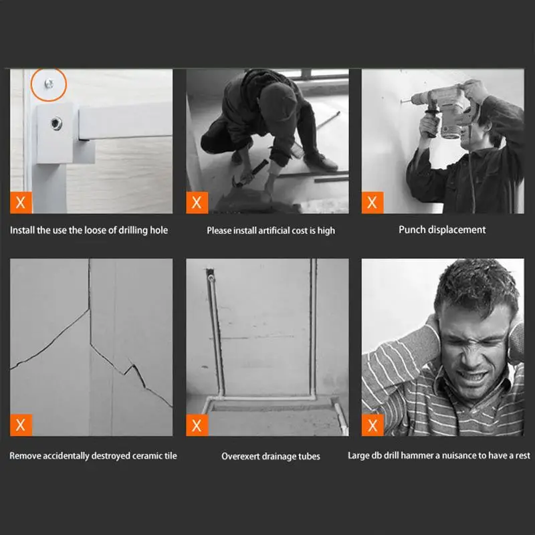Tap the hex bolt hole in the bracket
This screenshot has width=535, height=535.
point(56,123)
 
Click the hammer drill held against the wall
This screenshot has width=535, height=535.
point(440,109)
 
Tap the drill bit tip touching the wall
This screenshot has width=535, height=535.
point(401,101)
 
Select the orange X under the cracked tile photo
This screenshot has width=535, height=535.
point(21,425)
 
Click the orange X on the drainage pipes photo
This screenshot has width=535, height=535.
point(197,425)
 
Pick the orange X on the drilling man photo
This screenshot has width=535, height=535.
point(372,203)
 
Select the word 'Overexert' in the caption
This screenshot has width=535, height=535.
point(239,456)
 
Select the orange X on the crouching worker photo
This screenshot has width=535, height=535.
point(197,203)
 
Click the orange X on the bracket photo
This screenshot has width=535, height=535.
point(21,203)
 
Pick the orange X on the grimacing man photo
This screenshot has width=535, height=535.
point(372,425)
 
